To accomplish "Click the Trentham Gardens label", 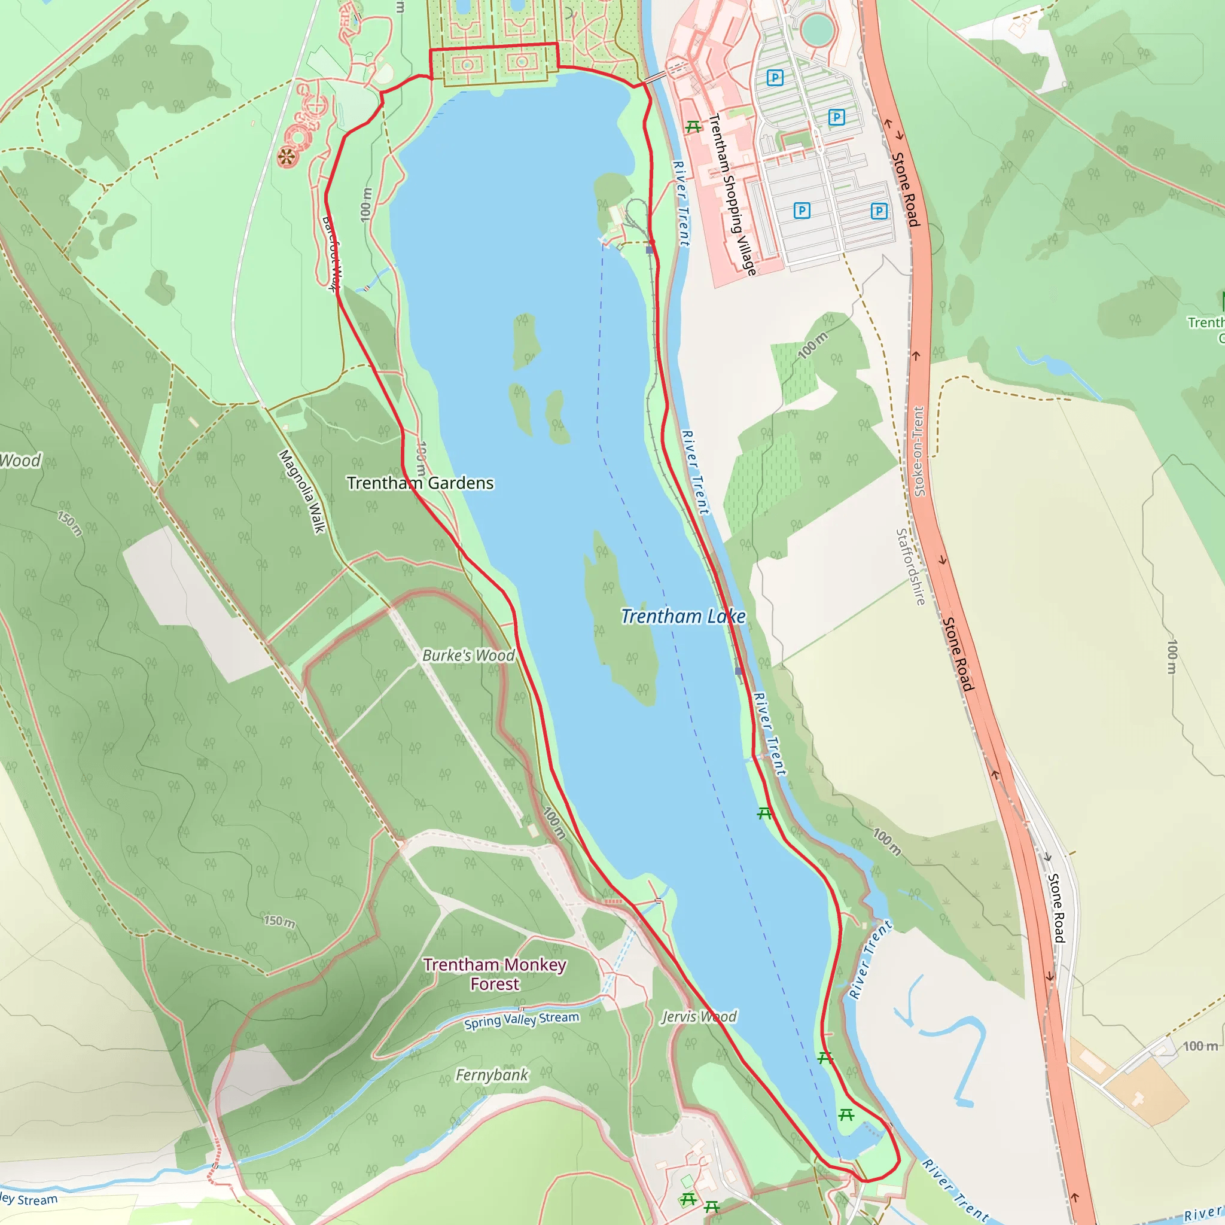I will (420, 483).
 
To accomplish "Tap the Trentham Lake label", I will (683, 616).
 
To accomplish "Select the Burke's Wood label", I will (468, 656).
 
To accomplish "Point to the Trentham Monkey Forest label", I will (495, 974).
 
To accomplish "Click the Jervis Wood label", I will (699, 1017).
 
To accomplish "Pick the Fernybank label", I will (492, 1075).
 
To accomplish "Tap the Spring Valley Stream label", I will (521, 1020).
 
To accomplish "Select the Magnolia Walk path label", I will (302, 492).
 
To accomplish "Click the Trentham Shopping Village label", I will (732, 194).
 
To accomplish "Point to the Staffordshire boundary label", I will (910, 567).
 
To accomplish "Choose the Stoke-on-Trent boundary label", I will (919, 452).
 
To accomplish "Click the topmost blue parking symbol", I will (775, 78).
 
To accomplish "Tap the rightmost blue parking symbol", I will (879, 211).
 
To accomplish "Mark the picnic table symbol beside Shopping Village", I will (693, 127).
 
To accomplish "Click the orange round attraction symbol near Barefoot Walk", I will (287, 157).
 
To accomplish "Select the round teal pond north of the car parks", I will (817, 29).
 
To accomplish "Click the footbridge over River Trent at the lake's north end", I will (655, 77).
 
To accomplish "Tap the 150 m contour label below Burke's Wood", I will (279, 921).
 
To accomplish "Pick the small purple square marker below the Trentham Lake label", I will (739, 671).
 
